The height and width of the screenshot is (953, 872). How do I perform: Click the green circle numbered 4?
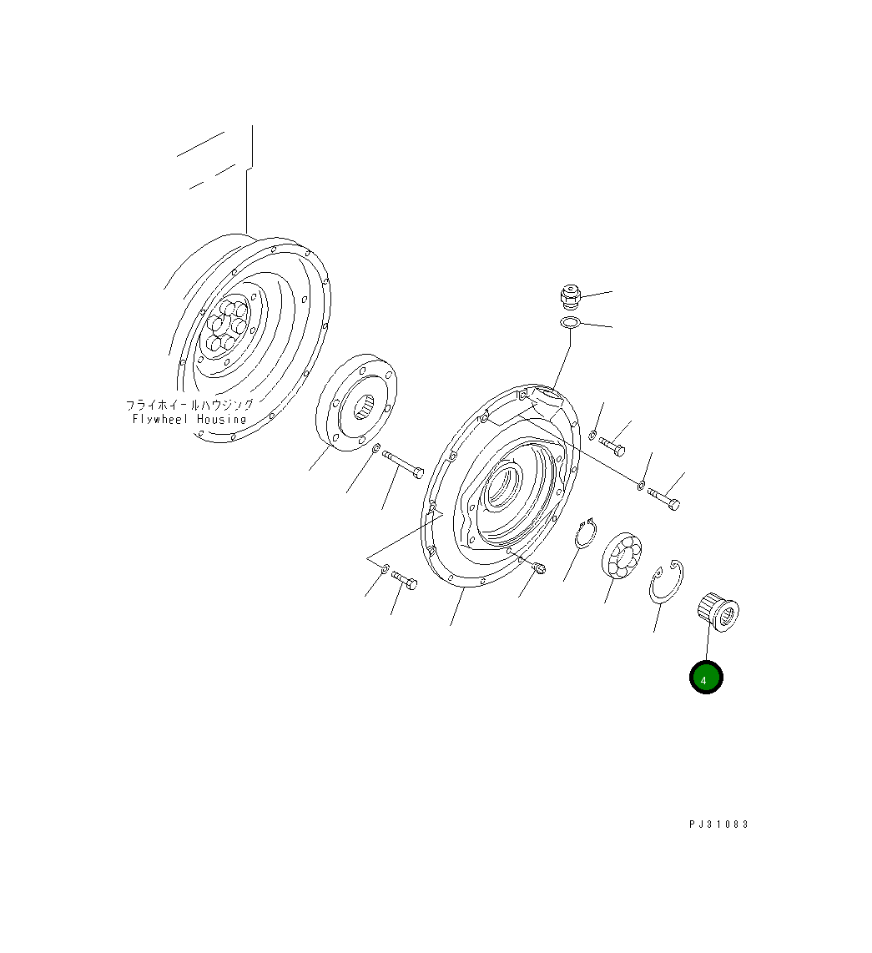705,677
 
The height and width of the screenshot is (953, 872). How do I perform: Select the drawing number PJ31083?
718,824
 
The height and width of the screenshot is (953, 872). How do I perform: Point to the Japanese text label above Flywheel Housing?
189,404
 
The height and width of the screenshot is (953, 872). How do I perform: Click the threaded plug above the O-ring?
569,296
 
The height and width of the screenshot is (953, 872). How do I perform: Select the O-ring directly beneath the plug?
570,323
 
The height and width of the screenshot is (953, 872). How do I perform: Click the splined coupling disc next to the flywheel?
356,402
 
